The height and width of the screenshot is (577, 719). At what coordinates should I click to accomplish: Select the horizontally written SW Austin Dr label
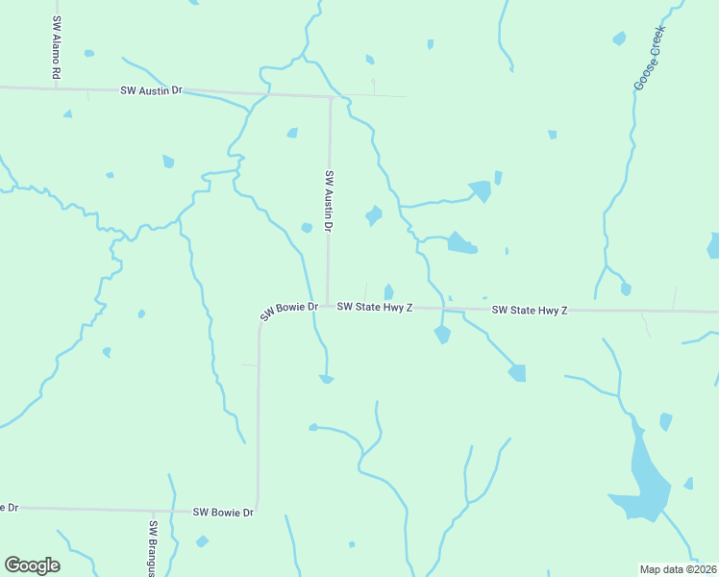coord(151,90)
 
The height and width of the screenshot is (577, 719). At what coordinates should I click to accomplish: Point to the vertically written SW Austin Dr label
coord(329,202)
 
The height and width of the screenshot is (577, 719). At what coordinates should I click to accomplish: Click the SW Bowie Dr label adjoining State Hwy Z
coord(288,311)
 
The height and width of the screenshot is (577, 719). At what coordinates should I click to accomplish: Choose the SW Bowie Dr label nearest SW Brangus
coord(223,513)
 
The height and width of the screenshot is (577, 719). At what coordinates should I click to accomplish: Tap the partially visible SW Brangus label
coord(153,549)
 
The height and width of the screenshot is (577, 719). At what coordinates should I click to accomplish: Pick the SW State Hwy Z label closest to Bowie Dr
coord(375,308)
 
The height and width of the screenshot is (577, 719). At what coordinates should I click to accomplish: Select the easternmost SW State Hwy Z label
coord(530,310)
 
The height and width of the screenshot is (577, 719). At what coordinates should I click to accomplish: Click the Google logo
coord(32,564)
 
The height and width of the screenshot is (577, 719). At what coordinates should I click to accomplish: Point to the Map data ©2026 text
coord(678,568)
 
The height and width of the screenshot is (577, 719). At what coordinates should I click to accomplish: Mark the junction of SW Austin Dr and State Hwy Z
coord(328,306)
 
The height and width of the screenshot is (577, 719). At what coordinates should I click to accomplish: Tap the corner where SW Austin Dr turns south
coord(331,97)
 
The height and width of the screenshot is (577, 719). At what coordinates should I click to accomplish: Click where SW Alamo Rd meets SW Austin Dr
coord(57,88)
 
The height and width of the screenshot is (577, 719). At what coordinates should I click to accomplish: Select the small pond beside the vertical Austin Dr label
coord(306,228)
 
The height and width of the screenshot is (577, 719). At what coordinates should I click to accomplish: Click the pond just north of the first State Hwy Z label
coord(388,291)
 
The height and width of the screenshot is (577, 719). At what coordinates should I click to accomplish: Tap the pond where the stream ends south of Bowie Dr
coord(327,379)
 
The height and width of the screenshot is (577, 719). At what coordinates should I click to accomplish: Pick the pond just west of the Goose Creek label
coord(619,39)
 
